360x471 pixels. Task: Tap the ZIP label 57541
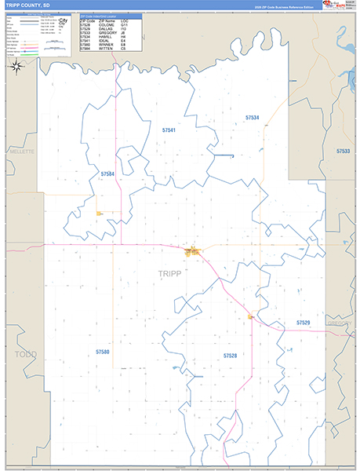tap(169, 129)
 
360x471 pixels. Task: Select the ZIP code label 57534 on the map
tap(252, 117)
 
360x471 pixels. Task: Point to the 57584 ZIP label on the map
tap(107, 173)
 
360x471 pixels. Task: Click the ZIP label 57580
tap(103, 352)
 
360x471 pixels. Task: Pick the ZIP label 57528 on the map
tap(230, 356)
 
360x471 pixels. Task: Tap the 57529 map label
tap(304, 323)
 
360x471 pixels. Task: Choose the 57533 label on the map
tap(343, 150)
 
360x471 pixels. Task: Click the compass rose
tap(16, 66)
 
